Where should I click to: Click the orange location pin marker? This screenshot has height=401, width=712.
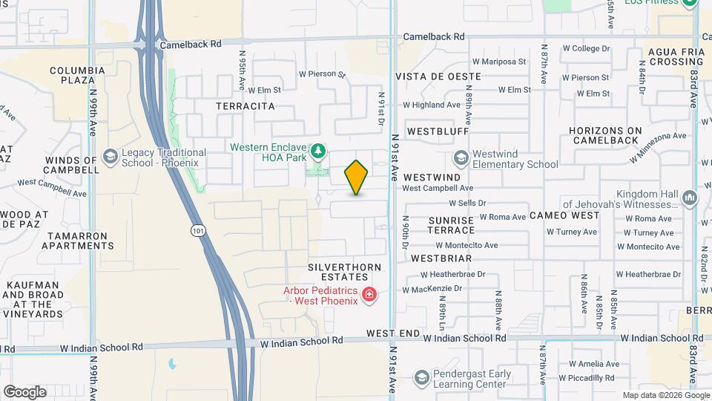356,177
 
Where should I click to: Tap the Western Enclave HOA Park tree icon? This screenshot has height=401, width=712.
318,152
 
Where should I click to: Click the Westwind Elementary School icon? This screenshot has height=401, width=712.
461,158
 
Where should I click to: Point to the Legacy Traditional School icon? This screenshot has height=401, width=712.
111,157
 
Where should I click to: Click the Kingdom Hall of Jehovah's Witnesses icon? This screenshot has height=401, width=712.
690,198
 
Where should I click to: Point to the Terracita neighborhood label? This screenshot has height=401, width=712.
245,106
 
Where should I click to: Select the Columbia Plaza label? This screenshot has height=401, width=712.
72,75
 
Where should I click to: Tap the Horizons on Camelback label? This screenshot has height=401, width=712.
604,135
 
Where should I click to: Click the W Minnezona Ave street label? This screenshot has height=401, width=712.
658,146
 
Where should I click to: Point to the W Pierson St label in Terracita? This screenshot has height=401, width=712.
322,74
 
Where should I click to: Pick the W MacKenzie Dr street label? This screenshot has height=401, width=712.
433,288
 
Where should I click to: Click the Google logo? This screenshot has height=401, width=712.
24,391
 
